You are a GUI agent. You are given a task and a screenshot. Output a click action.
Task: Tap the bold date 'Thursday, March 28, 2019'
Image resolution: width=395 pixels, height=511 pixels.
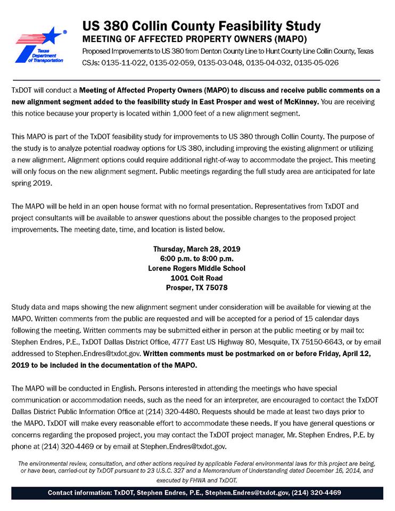click(x=197, y=249)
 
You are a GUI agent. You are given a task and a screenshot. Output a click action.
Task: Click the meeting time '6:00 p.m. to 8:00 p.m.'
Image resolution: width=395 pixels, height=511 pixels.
click(x=197, y=258)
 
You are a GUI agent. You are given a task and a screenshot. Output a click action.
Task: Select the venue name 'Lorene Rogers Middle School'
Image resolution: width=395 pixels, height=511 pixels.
click(x=197, y=268)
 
